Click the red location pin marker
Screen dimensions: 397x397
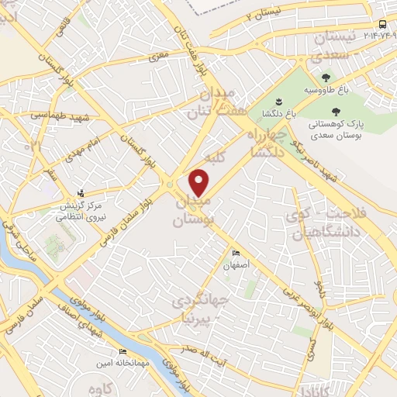point(200,184)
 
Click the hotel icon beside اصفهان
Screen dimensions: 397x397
point(236,254)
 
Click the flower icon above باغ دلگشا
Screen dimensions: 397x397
point(278,102)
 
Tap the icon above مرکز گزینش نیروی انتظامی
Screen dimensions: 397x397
point(81,194)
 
